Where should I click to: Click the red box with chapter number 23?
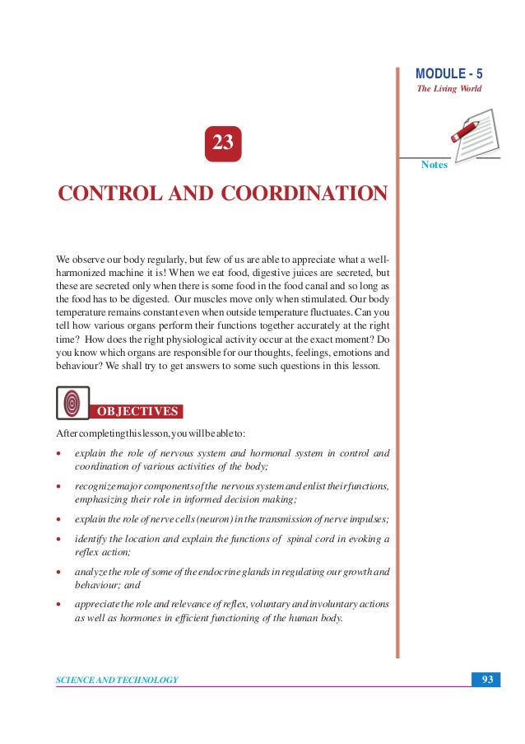click(x=223, y=143)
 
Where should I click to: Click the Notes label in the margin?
click(x=434, y=165)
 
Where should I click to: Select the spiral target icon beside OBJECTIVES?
click(x=72, y=403)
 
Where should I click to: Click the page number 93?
click(x=487, y=679)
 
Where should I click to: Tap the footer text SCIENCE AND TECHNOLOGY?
click(x=117, y=680)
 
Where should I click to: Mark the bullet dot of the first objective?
click(x=59, y=453)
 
